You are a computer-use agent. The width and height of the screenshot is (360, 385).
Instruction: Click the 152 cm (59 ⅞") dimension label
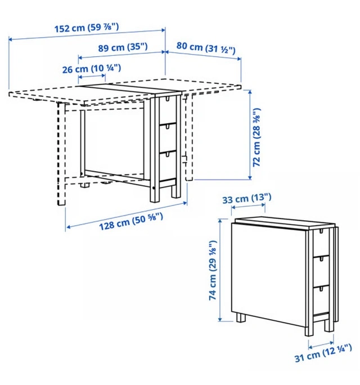(87, 28)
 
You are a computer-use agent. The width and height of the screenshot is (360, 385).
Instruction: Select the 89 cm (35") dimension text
(123, 47)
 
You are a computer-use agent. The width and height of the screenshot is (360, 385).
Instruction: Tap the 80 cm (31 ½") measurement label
(206, 48)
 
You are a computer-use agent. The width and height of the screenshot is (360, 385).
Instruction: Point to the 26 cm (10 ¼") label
(92, 69)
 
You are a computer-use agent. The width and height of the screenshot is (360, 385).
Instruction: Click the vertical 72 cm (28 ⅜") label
(256, 137)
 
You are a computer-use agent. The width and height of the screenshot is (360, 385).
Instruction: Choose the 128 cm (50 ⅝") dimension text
(131, 222)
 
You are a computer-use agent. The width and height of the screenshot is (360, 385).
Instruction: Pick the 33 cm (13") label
(247, 198)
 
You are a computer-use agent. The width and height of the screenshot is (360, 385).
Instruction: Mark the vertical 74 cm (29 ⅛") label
(213, 270)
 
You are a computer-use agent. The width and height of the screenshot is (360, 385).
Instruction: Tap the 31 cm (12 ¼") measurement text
(323, 353)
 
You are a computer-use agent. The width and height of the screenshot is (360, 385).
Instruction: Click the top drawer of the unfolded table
(168, 110)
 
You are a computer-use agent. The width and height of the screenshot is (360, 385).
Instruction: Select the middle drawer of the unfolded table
(168, 138)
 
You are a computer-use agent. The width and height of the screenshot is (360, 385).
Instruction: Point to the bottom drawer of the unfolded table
(168, 166)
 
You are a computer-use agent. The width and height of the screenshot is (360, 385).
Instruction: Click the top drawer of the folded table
(321, 243)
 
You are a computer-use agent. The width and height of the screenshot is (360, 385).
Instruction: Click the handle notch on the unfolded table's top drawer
(168, 99)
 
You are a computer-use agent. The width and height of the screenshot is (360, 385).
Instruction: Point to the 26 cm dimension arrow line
(92, 77)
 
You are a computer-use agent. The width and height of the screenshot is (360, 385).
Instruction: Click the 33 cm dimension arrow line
(248, 207)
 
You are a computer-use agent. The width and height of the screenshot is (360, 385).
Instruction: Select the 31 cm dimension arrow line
(321, 344)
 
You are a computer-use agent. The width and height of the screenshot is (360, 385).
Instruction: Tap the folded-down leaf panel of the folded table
(269, 274)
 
